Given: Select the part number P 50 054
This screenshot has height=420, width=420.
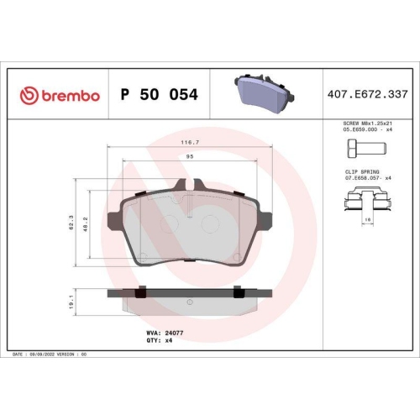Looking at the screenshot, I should [x=160, y=95].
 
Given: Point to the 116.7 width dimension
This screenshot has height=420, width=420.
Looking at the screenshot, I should [x=191, y=143].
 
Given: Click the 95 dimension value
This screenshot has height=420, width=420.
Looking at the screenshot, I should [x=191, y=157].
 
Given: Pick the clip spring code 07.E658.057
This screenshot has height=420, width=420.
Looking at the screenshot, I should [x=358, y=177].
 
